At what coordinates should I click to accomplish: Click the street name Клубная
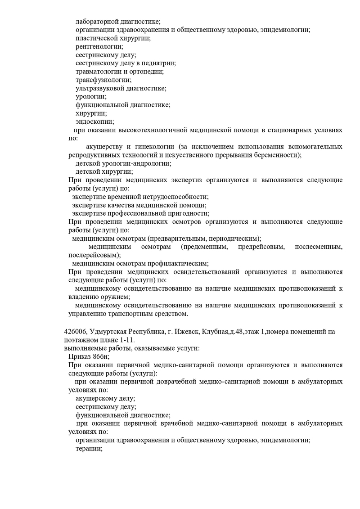[x=218, y=332]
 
